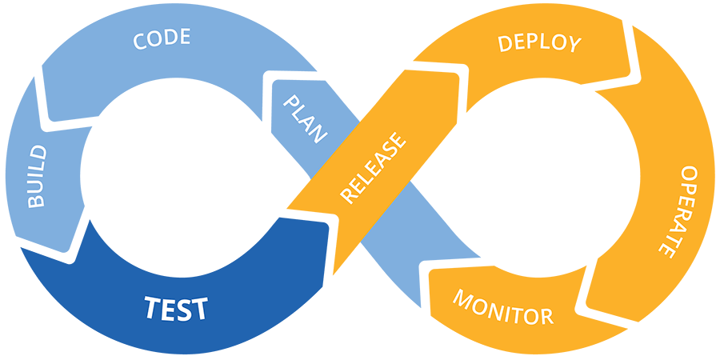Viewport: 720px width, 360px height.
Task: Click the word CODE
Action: (162, 38)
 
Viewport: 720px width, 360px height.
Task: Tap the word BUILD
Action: (36, 177)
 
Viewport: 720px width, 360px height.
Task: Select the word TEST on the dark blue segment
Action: (176, 308)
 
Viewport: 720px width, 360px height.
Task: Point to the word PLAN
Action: (305, 119)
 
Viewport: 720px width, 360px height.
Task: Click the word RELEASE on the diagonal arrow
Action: (373, 168)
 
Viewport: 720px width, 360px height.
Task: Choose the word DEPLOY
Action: (539, 42)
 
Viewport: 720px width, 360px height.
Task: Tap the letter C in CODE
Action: (140, 41)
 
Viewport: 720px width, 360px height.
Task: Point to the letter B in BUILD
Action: (36, 201)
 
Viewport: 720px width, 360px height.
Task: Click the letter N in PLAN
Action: (318, 135)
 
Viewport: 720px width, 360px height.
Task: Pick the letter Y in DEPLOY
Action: (574, 44)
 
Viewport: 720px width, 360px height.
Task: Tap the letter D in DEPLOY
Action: (505, 43)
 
